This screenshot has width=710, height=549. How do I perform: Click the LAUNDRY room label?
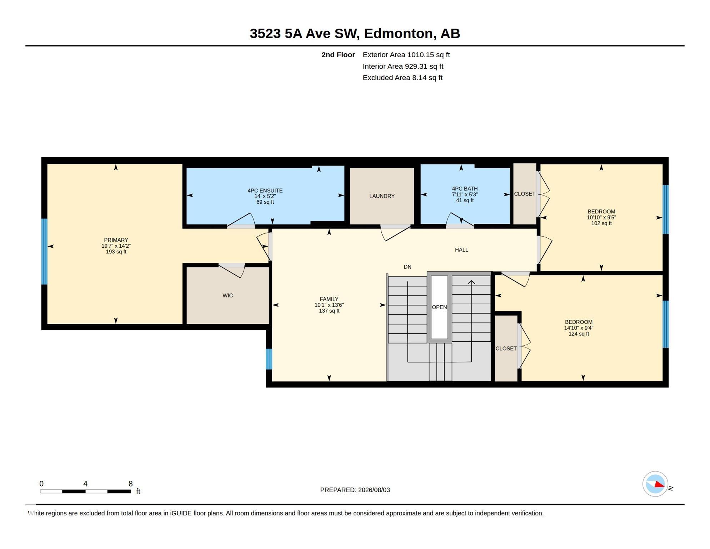click(382, 196)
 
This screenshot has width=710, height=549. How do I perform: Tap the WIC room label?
click(227, 296)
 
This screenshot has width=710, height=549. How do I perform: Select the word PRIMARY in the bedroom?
click(116, 240)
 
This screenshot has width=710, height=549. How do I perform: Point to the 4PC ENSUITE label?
click(265, 191)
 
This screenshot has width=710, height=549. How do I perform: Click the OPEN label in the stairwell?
click(439, 307)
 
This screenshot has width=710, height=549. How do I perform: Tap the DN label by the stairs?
click(407, 267)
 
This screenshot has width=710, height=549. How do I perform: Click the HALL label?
click(461, 250)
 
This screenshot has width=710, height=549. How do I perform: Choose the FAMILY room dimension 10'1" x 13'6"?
click(329, 305)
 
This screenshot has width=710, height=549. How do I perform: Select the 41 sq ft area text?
click(465, 201)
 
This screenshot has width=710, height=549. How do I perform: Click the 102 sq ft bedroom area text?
click(601, 223)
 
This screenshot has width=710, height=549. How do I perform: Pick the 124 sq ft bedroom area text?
click(579, 334)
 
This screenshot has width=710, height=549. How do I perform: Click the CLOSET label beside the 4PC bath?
click(525, 194)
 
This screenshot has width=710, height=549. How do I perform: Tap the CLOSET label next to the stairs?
click(506, 348)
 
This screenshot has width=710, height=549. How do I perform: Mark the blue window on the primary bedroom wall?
click(44, 252)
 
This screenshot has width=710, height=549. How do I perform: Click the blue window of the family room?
click(269, 359)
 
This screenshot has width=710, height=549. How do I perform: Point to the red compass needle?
click(659, 484)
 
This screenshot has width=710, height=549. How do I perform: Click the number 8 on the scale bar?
click(131, 484)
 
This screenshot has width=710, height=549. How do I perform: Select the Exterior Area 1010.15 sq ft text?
click(406, 55)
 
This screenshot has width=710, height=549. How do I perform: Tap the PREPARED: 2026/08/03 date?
click(355, 490)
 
